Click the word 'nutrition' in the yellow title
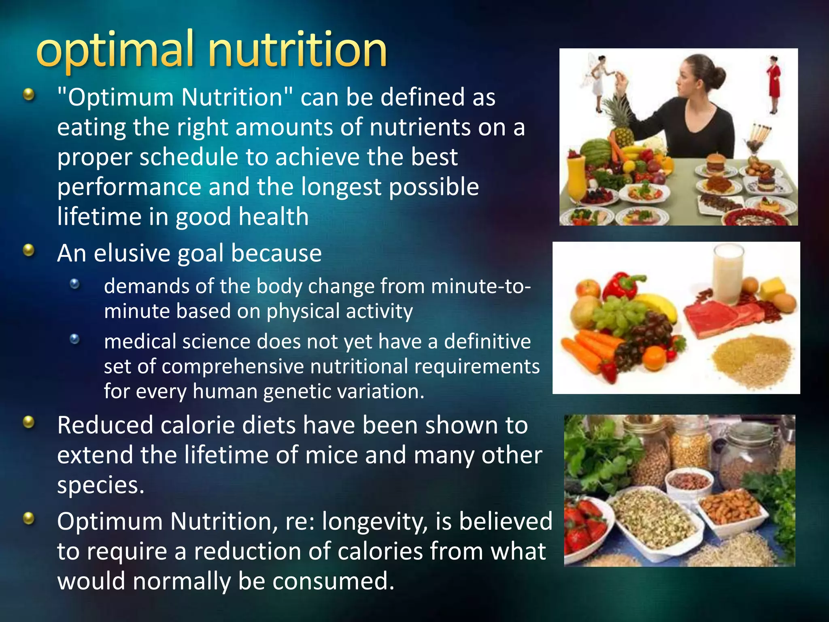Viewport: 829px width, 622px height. pyautogui.click(x=298, y=51)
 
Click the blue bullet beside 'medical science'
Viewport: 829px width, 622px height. pyautogui.click(x=74, y=339)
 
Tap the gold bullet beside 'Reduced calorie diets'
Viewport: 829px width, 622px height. pyautogui.click(x=29, y=423)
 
